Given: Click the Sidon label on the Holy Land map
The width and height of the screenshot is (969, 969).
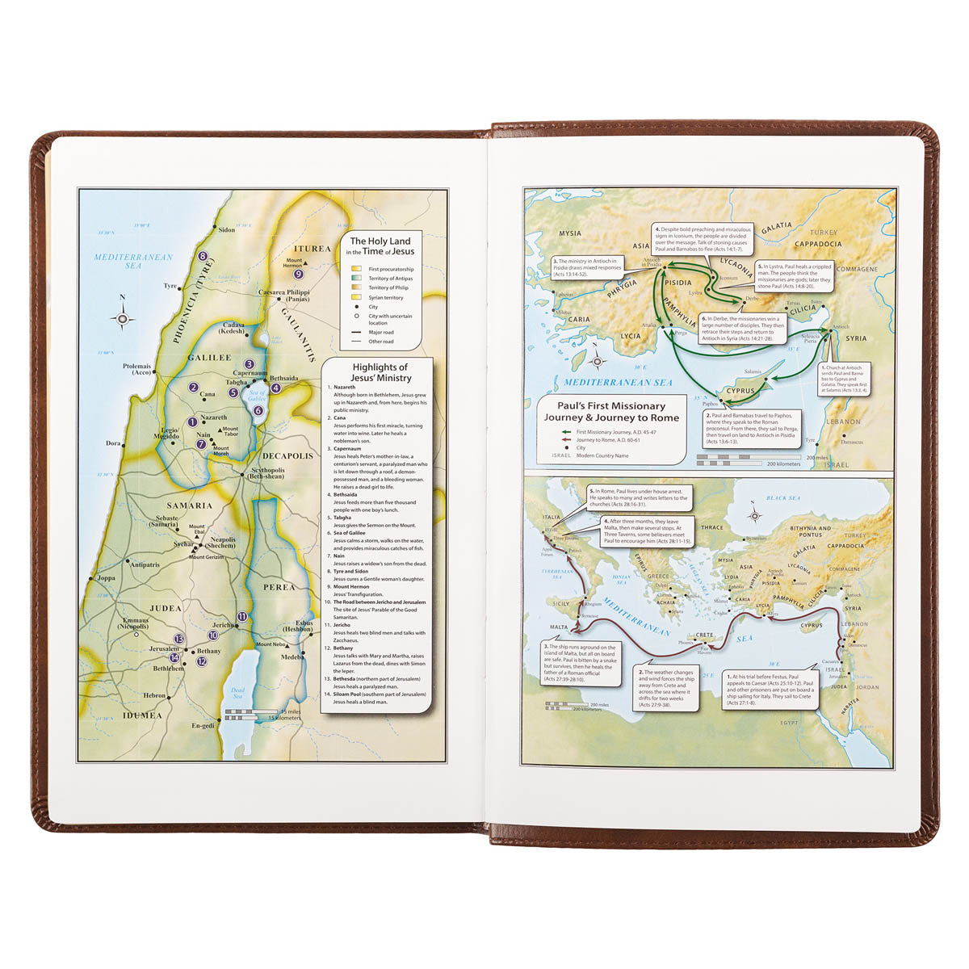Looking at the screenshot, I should (x=227, y=230).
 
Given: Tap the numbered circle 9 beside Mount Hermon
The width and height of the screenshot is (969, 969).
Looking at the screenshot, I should (x=299, y=274).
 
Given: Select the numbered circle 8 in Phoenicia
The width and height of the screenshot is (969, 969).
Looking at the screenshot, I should (x=203, y=257).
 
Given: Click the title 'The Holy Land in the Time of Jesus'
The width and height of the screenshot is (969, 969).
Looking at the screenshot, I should (x=380, y=246).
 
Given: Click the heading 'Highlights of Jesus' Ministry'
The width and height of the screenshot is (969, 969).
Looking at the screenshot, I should (x=380, y=372).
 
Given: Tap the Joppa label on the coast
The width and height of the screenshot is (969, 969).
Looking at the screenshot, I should (x=106, y=578).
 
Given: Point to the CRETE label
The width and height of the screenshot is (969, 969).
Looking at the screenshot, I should (x=703, y=636).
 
